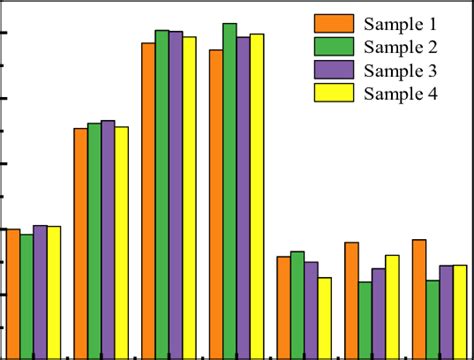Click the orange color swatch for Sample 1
pos(334,23)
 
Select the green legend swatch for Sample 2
pos(334,47)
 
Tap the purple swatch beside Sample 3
pos(334,70)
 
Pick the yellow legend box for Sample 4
pos(334,94)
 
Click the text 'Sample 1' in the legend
pos(401,23)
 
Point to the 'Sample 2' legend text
pos(401,47)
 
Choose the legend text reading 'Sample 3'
pos(401,70)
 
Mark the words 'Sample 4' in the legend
pos(401,94)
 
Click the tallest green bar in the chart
pos(229,190)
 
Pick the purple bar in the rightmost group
pos(446,310)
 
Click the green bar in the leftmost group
pos(26,295)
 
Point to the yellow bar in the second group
pos(121,241)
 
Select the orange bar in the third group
pos(148,200)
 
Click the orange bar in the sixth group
pos(352,299)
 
